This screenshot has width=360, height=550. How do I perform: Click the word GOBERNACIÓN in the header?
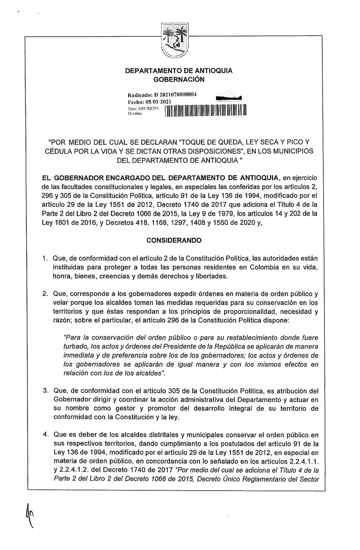(179, 79)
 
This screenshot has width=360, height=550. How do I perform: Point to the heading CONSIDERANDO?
(174, 240)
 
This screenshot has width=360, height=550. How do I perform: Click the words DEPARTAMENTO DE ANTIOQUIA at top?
(179, 71)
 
